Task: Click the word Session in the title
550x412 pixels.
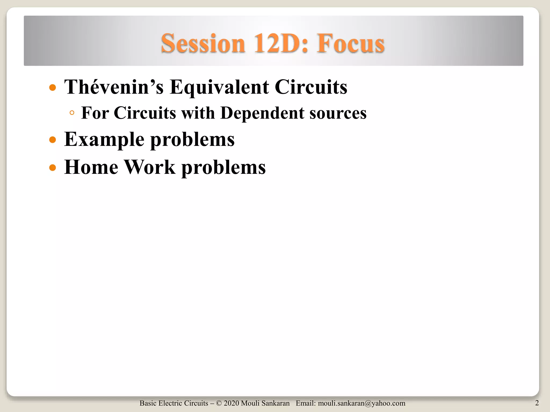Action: click(203, 43)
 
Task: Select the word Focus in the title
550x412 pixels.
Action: click(350, 43)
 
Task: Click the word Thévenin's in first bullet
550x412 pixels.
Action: click(114, 87)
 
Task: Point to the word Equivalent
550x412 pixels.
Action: click(219, 87)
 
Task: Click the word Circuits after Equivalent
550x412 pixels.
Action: click(311, 87)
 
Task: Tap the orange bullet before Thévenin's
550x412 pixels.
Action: click(53, 88)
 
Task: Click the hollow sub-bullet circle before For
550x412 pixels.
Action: click(72, 113)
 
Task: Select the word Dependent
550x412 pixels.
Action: click(262, 113)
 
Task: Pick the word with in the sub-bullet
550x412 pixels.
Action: click(198, 113)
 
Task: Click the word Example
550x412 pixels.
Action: click(104, 140)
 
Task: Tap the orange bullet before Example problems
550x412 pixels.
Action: click(53, 140)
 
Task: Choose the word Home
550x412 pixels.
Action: click(91, 167)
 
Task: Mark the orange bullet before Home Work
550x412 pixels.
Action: click(53, 168)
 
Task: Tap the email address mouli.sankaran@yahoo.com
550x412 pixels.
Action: click(361, 403)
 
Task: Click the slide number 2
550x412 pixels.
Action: click(537, 403)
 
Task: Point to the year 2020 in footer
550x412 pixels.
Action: click(231, 403)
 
